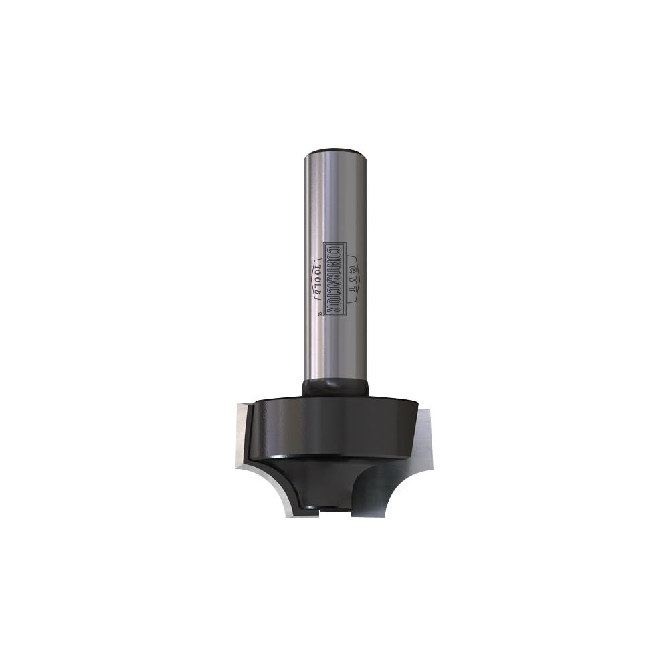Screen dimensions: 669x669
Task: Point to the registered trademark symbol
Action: [320, 312]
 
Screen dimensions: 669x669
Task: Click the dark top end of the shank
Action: [334, 151]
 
